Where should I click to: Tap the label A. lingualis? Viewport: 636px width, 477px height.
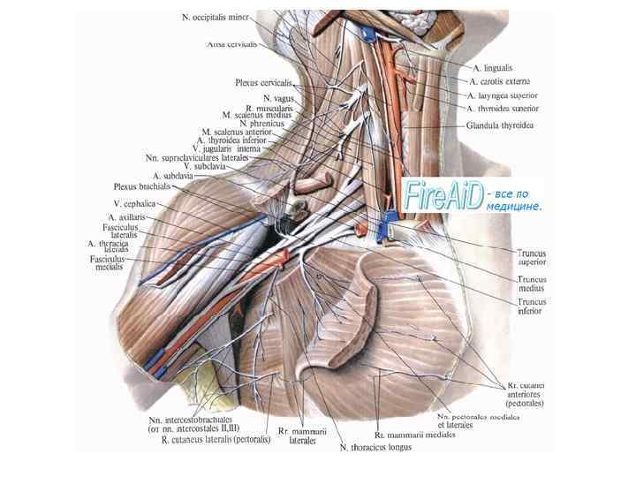[x=493, y=67]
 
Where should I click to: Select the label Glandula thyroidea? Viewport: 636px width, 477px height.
[x=499, y=125]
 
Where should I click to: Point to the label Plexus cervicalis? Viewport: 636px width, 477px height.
[x=263, y=82]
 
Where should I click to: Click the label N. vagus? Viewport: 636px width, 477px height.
[x=277, y=97]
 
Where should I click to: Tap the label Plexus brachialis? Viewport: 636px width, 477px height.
[x=140, y=186]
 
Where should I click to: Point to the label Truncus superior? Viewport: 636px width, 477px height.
[x=532, y=257]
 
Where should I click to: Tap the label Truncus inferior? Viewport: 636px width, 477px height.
[x=532, y=307]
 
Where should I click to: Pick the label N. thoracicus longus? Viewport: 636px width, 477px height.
[x=375, y=447]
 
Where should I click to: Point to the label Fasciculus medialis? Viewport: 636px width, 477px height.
[x=110, y=263]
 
